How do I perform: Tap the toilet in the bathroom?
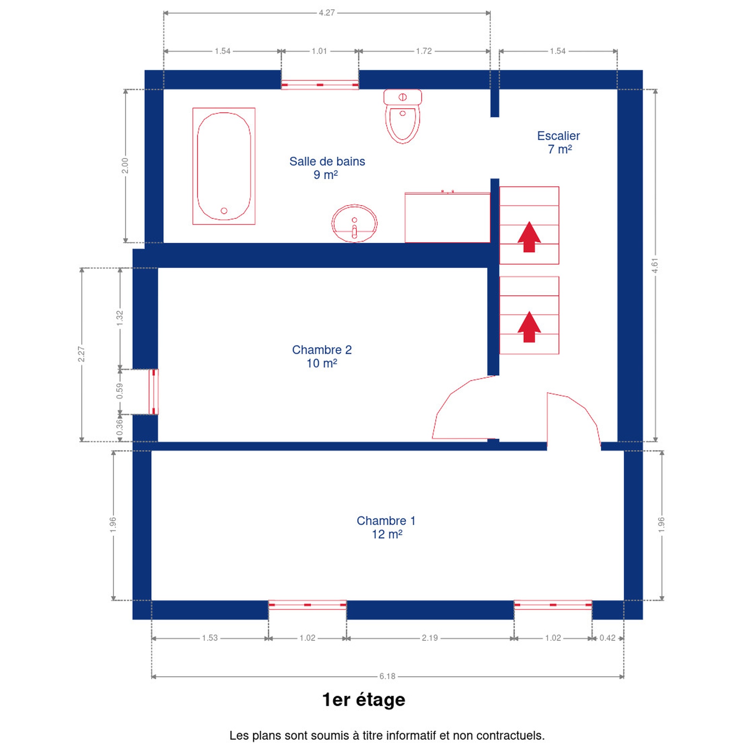point(402,116)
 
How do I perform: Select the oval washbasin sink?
point(354,223)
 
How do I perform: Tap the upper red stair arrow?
point(529,237)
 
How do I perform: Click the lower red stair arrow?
point(529,327)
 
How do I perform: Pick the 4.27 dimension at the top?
point(327,13)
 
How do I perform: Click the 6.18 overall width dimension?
point(387,676)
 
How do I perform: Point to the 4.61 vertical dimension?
point(655,265)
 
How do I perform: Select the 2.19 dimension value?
point(430,638)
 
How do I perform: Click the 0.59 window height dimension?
point(120,391)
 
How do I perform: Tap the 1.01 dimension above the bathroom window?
point(319,51)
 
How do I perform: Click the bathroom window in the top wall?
point(320,85)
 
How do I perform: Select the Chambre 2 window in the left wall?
point(154,392)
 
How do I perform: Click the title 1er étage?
point(363,700)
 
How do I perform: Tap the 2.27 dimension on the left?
point(81,354)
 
